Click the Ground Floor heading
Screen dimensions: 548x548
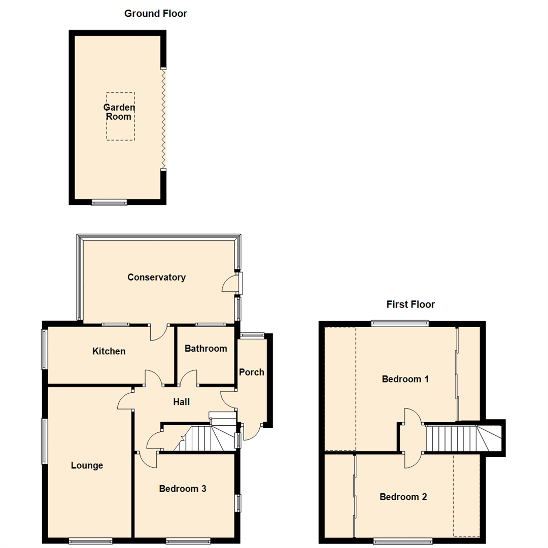coord(156,14)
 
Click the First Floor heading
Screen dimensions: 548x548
coord(410,304)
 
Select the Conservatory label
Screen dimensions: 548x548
coord(156,277)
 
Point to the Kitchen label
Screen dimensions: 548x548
coord(109,351)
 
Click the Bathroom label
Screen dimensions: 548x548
coord(205,349)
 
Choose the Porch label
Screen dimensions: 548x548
coord(252,372)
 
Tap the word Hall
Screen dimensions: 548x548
coord(181,402)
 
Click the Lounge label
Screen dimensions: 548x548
coord(87,465)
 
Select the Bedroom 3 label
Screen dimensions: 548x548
coord(182,489)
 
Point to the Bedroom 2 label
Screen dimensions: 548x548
coord(403,497)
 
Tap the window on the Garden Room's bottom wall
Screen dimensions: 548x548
coord(109,202)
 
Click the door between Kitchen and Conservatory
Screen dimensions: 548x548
coord(159,332)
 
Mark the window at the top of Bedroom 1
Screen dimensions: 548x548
coord(400,322)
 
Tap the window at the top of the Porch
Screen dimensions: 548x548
coord(252,334)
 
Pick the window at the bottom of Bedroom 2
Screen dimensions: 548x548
coord(403,541)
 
